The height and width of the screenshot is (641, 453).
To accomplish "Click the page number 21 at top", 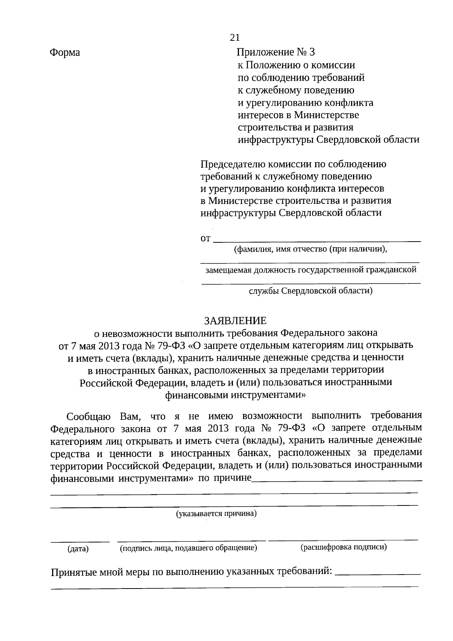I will pos(234,37).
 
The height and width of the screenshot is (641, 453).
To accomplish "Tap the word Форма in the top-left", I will pos(65,52).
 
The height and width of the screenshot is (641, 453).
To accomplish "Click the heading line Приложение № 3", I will pos(275,52).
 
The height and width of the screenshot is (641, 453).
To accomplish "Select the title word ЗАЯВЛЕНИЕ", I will pos(235,321).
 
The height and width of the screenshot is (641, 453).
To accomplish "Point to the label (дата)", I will pos(78,549).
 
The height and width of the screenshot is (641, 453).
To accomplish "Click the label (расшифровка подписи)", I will pos(343,547).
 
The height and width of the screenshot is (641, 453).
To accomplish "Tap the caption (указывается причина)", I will pos(216,513).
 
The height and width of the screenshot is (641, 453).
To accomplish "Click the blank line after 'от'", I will pos(317,240).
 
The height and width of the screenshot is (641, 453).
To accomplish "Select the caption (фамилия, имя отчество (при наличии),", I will pos(310,249).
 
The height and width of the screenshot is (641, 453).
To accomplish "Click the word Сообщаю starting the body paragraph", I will pos(88,417).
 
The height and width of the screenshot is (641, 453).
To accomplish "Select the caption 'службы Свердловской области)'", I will pos(310,291).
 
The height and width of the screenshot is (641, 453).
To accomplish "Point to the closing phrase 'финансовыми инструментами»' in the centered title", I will pos(235,395).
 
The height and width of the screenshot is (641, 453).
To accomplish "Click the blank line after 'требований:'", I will pos(377,574).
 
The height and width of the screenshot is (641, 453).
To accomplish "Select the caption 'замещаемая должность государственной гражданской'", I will pos(310,270).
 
